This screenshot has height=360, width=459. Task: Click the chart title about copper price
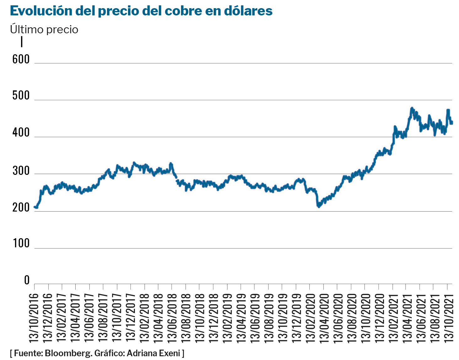pos(141,11)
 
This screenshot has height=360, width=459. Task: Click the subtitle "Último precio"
pos(44,30)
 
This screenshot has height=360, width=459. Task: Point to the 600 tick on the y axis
pos(21,59)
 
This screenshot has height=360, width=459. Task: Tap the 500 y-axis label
pos(21,96)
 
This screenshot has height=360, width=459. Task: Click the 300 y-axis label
pos(21,171)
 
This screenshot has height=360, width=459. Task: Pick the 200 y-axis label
pos(21,207)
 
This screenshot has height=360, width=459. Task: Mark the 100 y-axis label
pos(21,243)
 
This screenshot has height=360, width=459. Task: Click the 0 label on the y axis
pos(27,280)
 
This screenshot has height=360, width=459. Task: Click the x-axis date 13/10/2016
pos(34,317)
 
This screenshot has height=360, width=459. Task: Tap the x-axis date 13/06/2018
pos(172,317)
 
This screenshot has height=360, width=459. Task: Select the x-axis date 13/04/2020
pos(323,317)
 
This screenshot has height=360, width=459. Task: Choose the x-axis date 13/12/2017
pos(130,317)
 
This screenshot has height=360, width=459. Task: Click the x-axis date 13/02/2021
pos(392,317)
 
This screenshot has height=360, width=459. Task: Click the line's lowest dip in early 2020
pos(319,207)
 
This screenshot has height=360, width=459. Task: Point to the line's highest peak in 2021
pos(412,108)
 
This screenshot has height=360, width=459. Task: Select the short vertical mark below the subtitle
pos(22,42)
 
